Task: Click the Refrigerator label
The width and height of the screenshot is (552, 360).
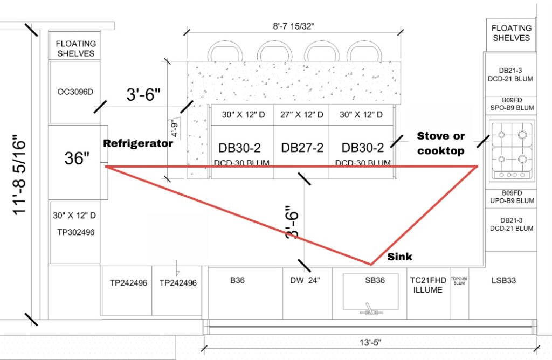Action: (138, 143)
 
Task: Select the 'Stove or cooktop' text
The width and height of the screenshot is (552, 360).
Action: (440, 143)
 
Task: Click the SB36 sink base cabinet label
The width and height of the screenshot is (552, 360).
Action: (371, 280)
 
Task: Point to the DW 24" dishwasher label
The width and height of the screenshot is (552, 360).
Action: (305, 280)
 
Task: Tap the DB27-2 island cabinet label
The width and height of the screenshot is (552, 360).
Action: (302, 148)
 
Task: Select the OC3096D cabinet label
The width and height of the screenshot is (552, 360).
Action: (75, 92)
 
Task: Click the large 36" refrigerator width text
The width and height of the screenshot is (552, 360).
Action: (78, 159)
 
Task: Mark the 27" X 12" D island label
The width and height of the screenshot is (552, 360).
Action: (302, 115)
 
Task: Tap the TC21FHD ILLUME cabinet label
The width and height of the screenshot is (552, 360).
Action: (428, 285)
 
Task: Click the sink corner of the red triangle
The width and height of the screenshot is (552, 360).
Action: (371, 265)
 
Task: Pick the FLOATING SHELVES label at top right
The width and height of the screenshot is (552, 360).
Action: (511, 33)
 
